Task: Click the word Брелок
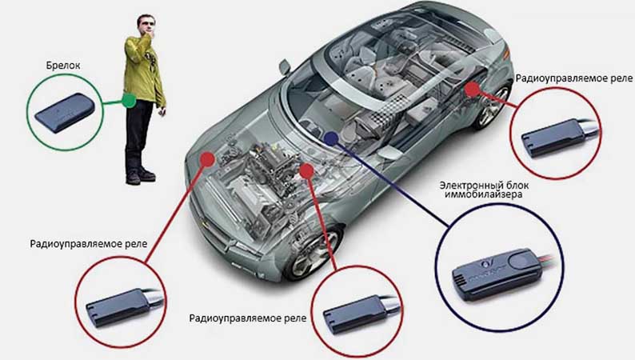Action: tap(63, 66)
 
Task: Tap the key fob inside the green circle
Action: tap(65, 112)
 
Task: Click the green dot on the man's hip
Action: tap(129, 101)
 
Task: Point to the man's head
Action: tap(146, 25)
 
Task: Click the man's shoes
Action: tap(140, 176)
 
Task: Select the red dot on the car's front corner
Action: tap(207, 159)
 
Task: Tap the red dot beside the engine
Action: tap(306, 170)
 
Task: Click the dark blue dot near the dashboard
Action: tap(331, 138)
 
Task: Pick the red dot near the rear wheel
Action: tap(472, 90)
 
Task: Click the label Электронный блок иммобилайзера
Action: tap(484, 190)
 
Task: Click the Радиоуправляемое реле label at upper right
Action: tap(573, 78)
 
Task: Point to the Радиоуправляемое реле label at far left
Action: tap(88, 244)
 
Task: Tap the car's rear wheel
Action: tap(491, 107)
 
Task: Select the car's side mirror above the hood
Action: tap(285, 67)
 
